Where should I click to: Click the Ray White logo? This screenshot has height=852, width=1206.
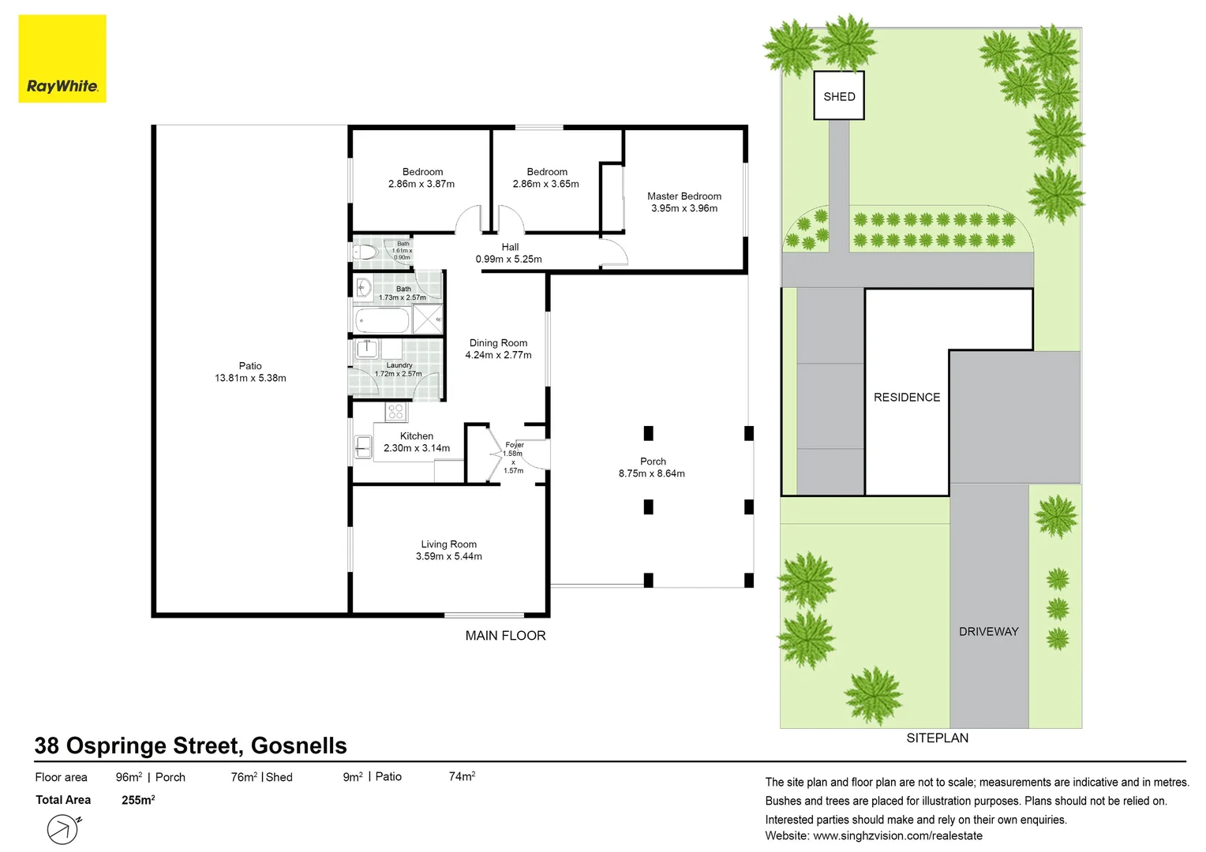point(62,58)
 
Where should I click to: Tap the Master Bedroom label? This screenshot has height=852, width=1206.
point(684,196)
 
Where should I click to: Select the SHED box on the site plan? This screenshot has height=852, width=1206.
point(839,95)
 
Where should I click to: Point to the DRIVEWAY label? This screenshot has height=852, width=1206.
point(988,631)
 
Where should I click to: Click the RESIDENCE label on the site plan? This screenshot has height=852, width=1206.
point(907,397)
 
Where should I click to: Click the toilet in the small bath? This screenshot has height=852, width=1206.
point(365,252)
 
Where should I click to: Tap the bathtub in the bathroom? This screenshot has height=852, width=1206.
point(382,320)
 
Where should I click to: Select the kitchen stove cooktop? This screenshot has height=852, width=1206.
point(395,413)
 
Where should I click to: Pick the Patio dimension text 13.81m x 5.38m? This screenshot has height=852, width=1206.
point(250,378)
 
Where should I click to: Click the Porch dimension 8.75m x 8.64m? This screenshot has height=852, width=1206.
point(651,473)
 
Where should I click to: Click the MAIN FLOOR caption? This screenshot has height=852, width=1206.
point(506,636)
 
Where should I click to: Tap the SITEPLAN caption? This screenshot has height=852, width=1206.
point(938,738)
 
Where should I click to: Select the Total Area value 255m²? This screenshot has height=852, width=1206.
point(138,800)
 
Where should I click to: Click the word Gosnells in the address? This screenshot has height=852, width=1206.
point(299,745)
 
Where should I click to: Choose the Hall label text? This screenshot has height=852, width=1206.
point(510,247)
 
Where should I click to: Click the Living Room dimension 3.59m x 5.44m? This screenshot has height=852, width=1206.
point(448,556)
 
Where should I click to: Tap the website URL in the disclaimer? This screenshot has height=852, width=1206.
point(897,836)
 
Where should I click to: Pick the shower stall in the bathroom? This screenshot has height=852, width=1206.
point(428,319)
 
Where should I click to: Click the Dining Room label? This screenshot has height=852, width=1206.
point(499,343)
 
